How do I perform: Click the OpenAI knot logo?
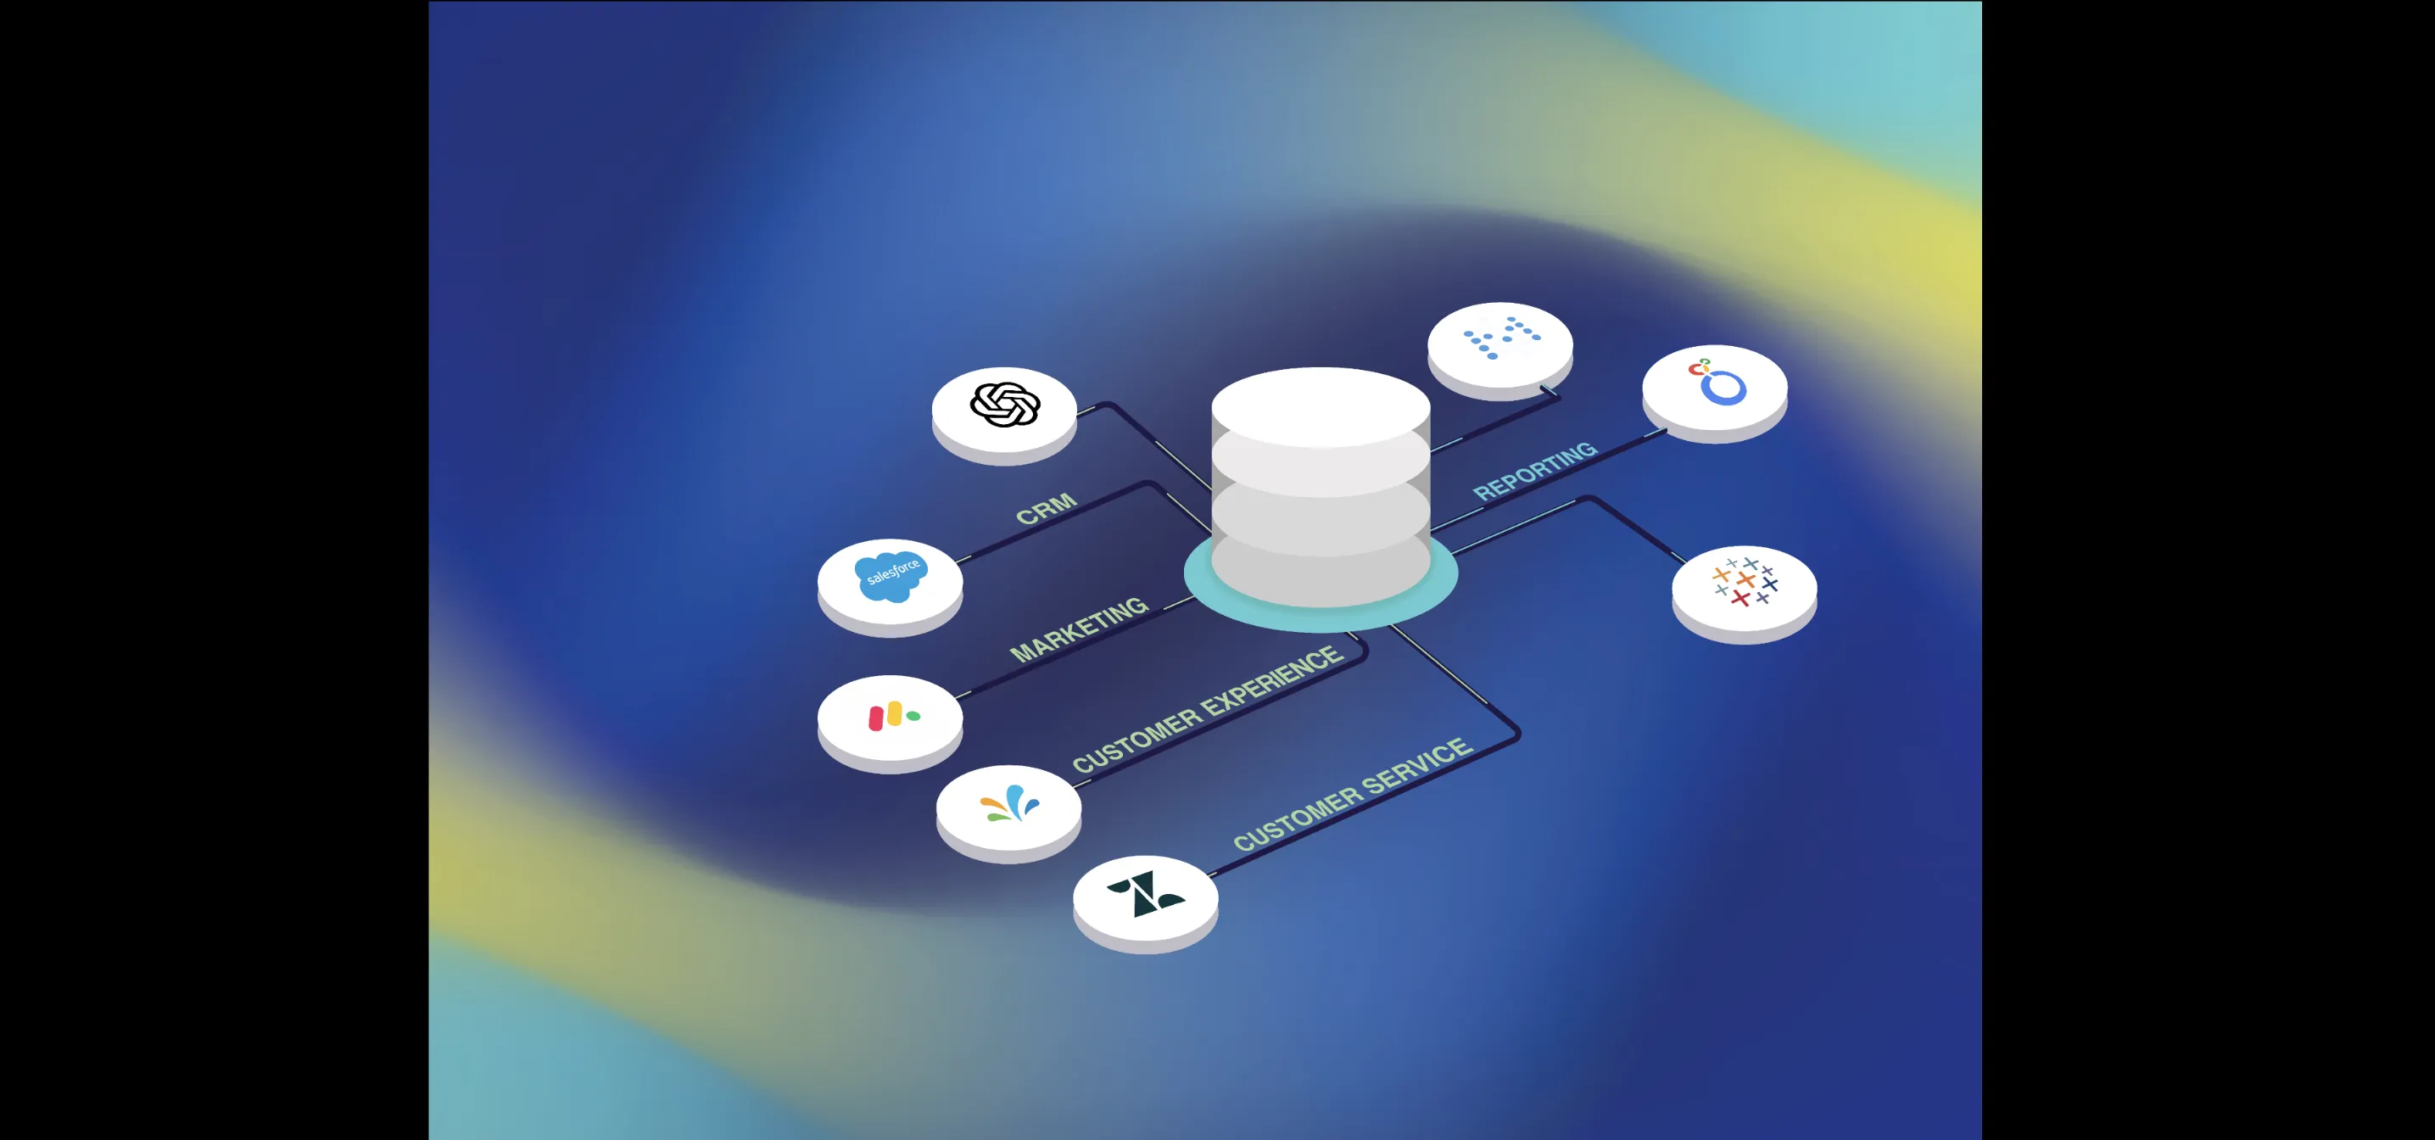coord(1005,405)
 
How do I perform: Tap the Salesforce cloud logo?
coord(891,576)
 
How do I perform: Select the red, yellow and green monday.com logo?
coord(892,717)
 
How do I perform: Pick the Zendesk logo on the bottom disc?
coord(1146,893)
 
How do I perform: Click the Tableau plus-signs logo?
coord(1745,581)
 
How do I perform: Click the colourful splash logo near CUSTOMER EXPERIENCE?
coord(1009,804)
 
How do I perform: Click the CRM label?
coord(1047,509)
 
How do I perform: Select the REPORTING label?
coord(1535,470)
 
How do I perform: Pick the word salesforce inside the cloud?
coord(893,572)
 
